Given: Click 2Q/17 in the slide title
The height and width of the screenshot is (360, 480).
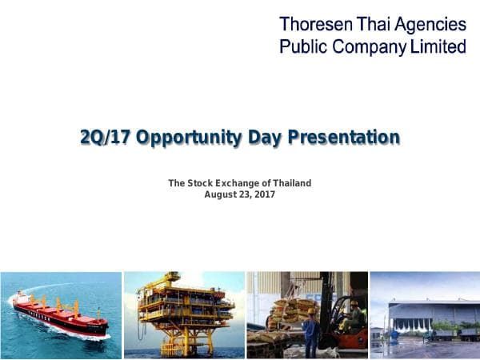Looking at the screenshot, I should point(106,138).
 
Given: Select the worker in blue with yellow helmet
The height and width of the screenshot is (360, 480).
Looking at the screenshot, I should point(311,332).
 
